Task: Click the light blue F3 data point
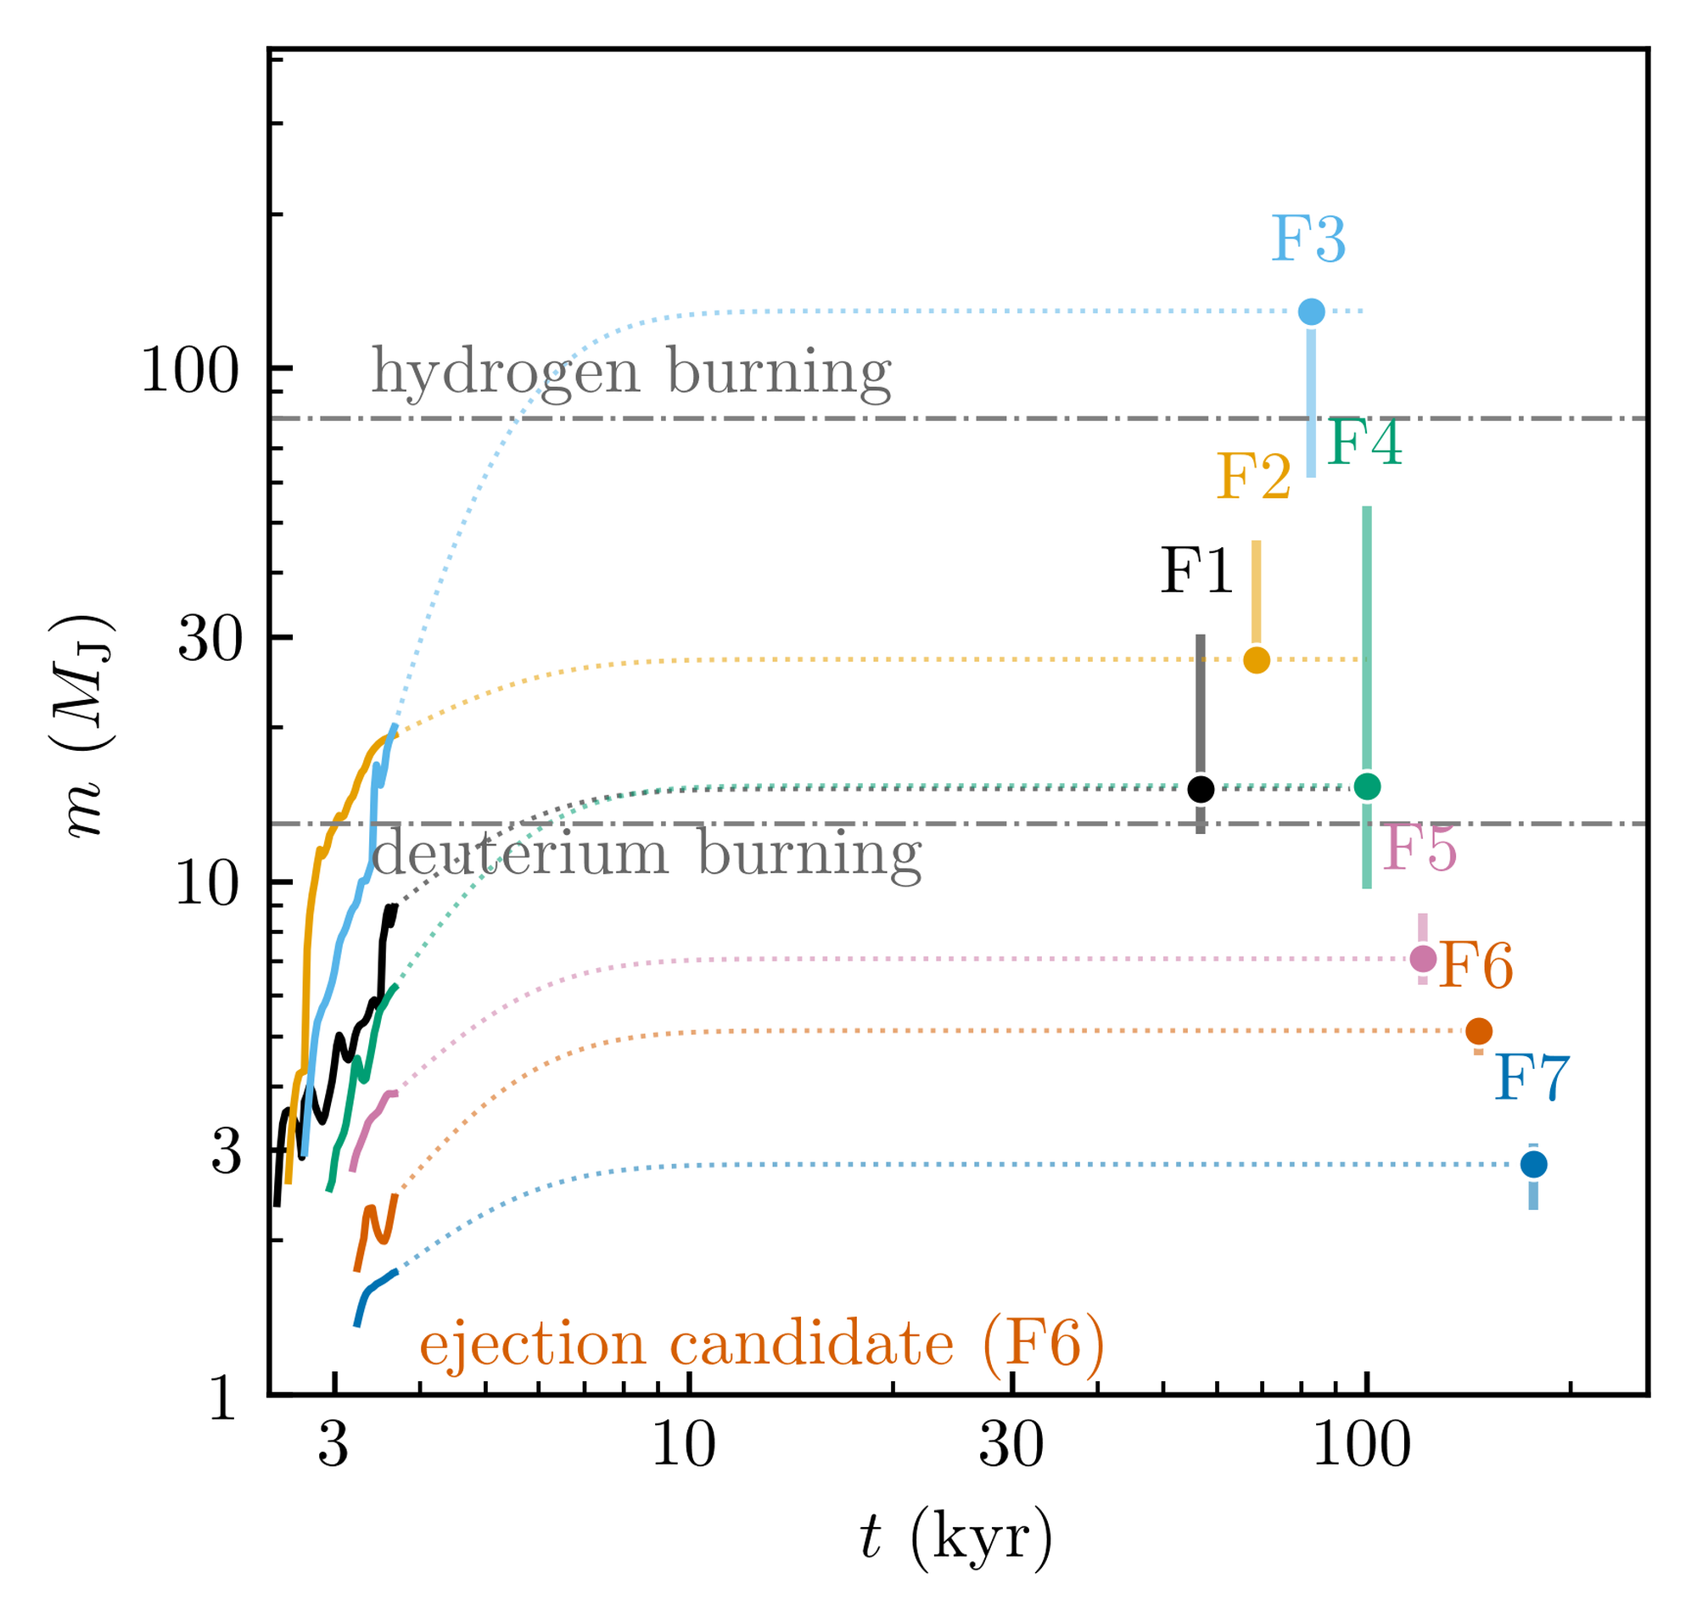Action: click(1311, 311)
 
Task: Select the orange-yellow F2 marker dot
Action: click(1256, 660)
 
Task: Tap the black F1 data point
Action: click(1201, 789)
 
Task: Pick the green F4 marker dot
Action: click(1366, 786)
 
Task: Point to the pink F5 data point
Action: click(1423, 959)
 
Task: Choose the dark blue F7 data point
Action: click(1533, 1165)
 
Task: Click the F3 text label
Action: click(1308, 239)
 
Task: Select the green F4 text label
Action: click(1364, 443)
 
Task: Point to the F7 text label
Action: click(1531, 1078)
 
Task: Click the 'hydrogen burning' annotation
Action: click(630, 373)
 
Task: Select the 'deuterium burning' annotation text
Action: click(647, 853)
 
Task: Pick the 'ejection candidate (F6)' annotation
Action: click(762, 1346)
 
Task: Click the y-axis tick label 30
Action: click(208, 641)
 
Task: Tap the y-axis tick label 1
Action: click(223, 1400)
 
